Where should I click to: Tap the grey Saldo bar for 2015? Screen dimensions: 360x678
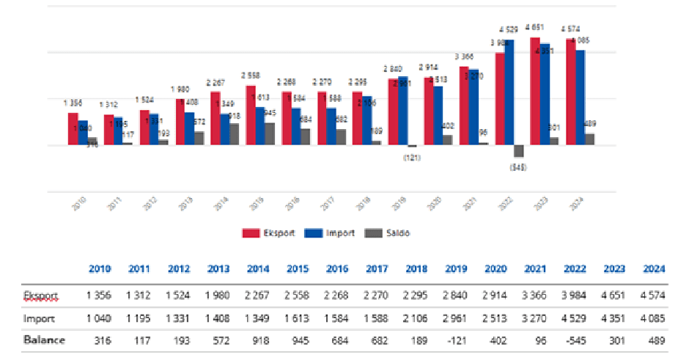point(270,134)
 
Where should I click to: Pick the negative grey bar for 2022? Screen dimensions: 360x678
point(519,152)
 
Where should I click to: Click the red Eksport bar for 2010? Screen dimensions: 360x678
point(73,129)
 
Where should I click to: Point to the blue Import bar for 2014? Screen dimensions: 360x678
point(224,130)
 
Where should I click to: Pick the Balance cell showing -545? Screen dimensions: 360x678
point(575,340)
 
